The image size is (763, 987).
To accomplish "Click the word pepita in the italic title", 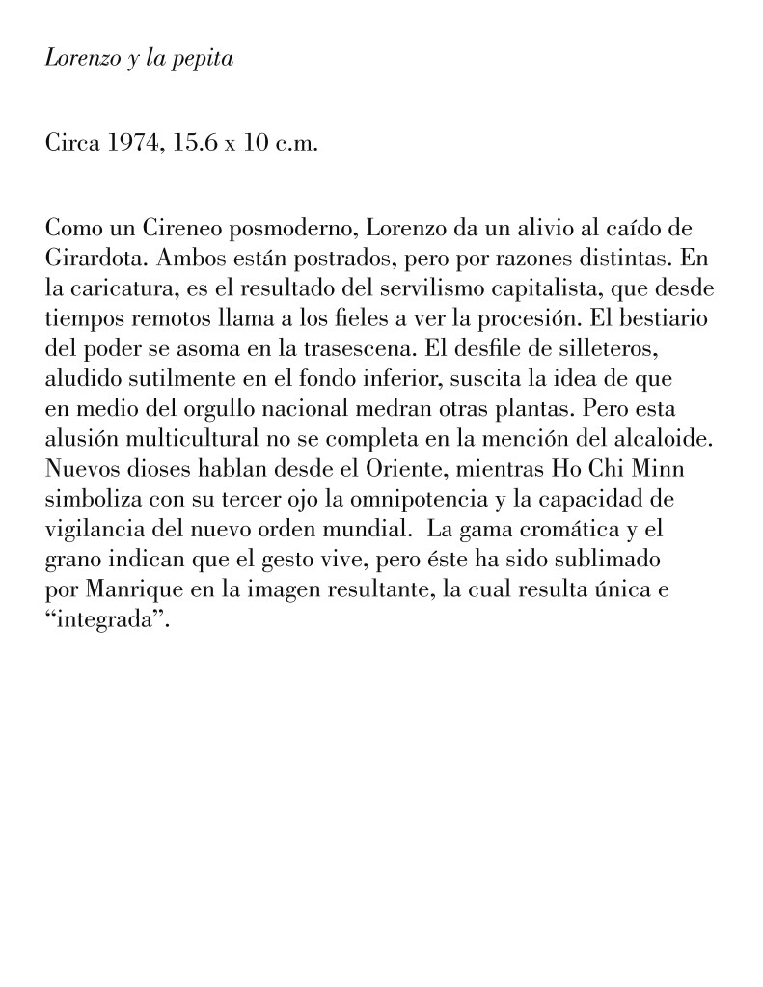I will click(204, 59).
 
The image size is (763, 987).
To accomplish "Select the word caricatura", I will click(116, 288).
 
